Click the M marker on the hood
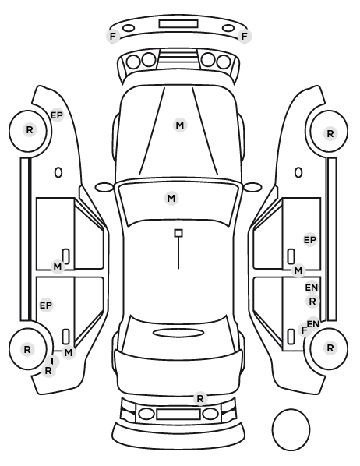tap(180, 125)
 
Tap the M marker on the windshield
tap(171, 198)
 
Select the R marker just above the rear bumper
tap(200, 398)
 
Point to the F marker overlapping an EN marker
tap(304, 330)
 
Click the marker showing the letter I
tap(53, 362)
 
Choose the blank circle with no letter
tap(291, 429)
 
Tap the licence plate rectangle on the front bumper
tap(178, 24)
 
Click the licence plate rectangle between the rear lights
tap(178, 415)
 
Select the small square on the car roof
tap(178, 233)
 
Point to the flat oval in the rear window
tap(178, 333)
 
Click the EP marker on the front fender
tap(57, 115)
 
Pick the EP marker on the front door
tap(310, 239)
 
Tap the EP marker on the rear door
tap(46, 305)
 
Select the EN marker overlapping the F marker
tap(313, 323)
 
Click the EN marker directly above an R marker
tap(312, 288)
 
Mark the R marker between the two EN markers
tap(312, 302)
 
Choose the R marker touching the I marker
tap(48, 371)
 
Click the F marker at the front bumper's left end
tap(113, 37)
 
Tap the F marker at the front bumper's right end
tap(245, 37)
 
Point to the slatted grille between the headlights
tap(178, 58)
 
